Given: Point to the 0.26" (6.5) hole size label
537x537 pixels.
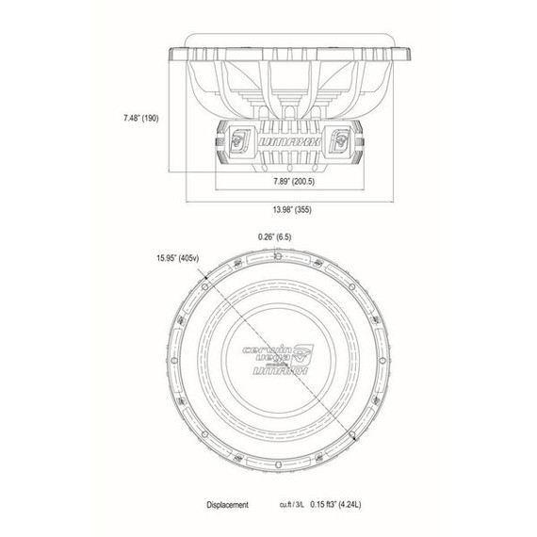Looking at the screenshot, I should click(274, 237).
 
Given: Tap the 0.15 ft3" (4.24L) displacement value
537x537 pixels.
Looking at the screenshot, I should click(346, 504).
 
